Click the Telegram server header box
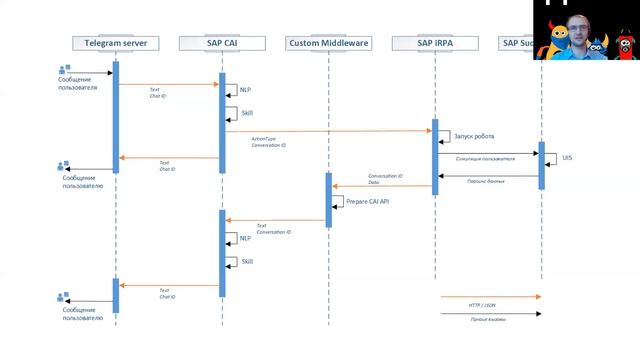pos(115,43)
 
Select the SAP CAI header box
pos(222,43)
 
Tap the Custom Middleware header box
pos(328,43)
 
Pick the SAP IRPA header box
pos(434,43)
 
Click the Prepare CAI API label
pos(367,200)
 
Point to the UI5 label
pos(568,158)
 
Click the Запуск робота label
pos(473,136)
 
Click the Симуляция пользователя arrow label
pos(484,159)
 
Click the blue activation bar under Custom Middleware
pos(328,198)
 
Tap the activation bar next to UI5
pos(541,165)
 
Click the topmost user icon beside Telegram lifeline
pos(64,70)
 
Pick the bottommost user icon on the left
pos(64,297)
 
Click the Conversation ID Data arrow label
pos(385,179)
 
